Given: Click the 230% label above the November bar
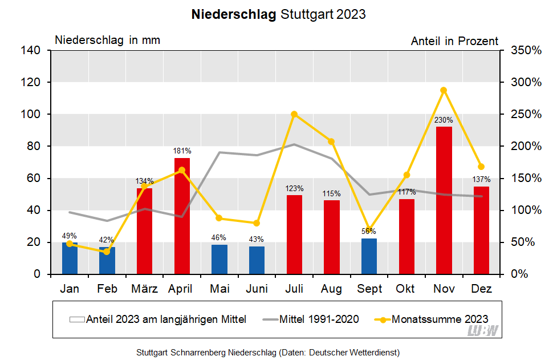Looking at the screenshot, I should pos(444,120).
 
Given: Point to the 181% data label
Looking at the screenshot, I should pos(182,151).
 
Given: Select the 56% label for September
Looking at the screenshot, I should pos(369,231).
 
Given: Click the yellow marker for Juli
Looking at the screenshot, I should pos(294,114).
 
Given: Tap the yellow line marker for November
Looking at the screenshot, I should pos(444,90).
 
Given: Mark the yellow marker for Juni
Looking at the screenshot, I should pos(257,223).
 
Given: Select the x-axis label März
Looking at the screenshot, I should pos(144,289).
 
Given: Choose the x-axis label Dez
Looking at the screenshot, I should pos(481,289).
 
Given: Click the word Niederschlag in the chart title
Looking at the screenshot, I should pos(234,14).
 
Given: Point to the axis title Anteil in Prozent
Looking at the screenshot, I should pos(454,41).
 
